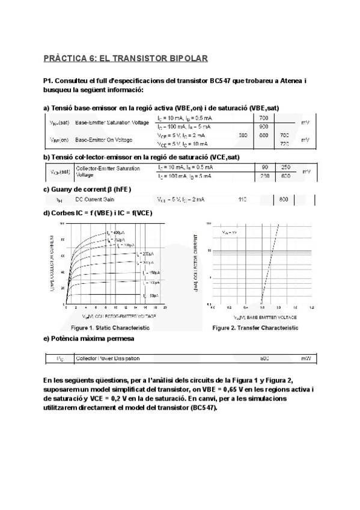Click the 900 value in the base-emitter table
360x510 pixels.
click(263, 127)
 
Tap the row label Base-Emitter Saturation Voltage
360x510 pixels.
click(112, 123)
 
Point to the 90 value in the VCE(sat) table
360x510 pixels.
click(265, 167)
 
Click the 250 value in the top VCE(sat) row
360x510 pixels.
click(285, 167)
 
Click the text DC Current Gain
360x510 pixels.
click(94, 199)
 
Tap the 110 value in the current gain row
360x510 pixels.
click(243, 199)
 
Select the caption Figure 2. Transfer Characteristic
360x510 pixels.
click(255, 328)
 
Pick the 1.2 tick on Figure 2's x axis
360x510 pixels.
click(311, 307)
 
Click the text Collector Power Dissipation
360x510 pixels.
click(108, 358)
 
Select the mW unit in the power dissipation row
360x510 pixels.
click(306, 358)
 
